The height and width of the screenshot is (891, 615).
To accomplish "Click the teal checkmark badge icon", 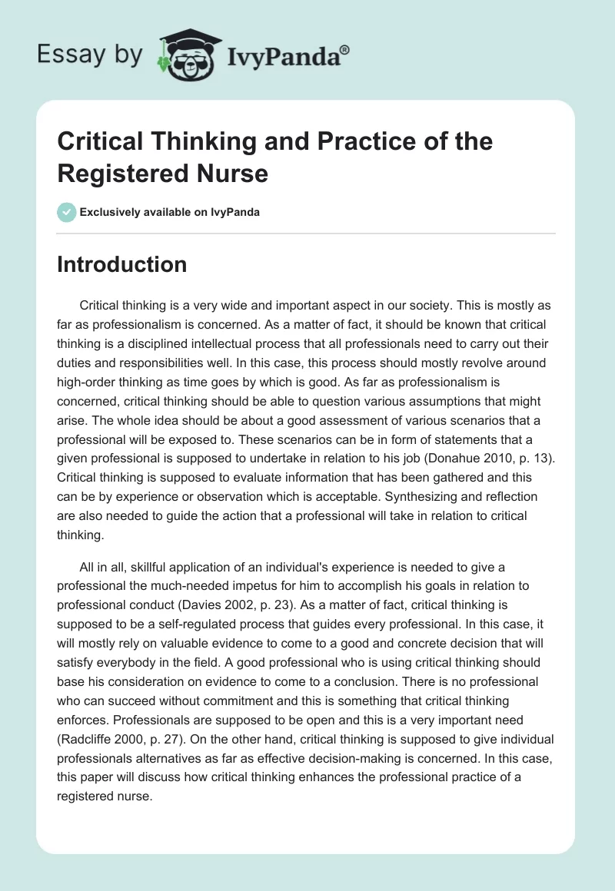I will coord(66,212).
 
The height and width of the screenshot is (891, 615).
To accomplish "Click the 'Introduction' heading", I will coord(121,265).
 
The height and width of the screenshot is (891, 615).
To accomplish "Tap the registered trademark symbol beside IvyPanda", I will coord(345,48).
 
